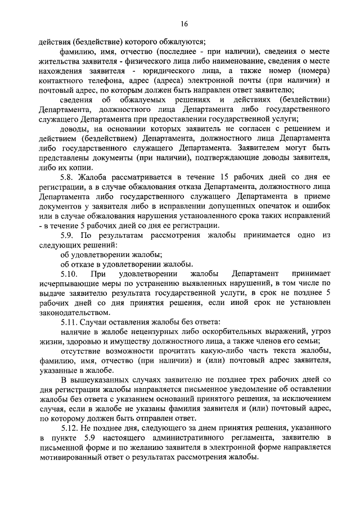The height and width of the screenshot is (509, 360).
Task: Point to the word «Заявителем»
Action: (250, 147)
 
